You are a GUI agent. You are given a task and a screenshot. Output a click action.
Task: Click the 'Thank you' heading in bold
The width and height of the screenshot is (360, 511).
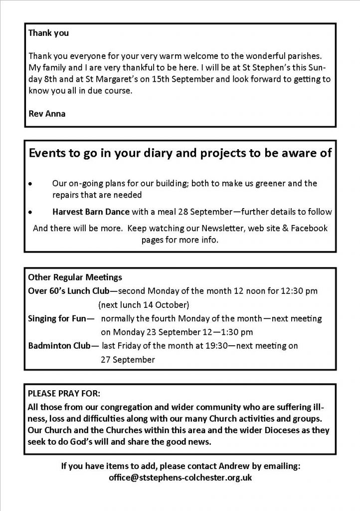point(48,34)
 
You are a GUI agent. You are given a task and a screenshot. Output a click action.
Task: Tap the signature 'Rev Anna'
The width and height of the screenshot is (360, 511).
point(47,113)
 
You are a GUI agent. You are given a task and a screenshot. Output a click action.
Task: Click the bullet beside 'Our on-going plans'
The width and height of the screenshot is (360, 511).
point(31,184)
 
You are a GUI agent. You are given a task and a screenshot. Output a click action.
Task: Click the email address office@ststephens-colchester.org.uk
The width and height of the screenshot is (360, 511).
point(180,478)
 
